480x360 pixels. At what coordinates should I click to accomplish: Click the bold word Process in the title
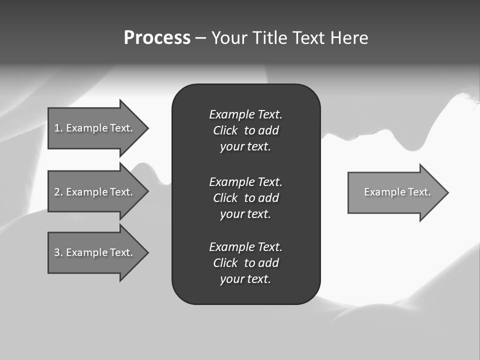click(157, 38)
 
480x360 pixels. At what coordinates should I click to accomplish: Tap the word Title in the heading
click(270, 38)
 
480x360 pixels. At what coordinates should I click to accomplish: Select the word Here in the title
click(349, 38)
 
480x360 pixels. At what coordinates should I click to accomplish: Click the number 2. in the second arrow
click(58, 192)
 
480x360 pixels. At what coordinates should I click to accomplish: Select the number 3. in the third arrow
click(58, 252)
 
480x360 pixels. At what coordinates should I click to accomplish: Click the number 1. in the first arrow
click(58, 128)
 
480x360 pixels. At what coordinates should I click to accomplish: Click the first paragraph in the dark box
click(245, 130)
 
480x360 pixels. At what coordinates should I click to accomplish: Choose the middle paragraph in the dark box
click(245, 197)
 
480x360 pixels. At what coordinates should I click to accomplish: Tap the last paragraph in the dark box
click(245, 263)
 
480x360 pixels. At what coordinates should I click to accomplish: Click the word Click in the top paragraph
click(225, 130)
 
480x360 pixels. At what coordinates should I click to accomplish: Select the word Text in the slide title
click(309, 38)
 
